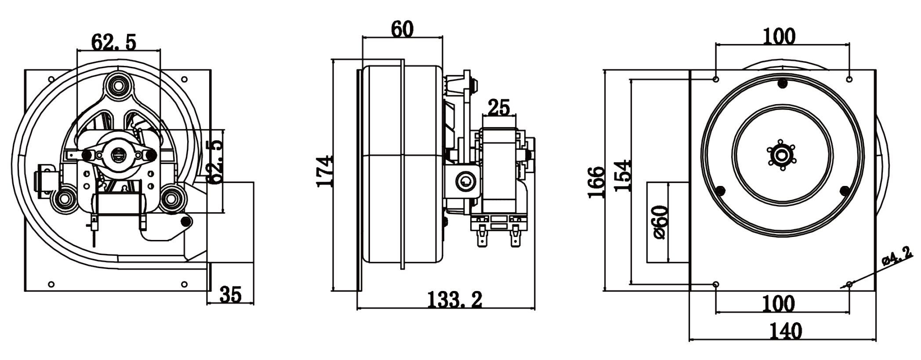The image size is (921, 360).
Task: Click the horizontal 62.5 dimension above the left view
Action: click(114, 42)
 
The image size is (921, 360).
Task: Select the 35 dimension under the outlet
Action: click(230, 295)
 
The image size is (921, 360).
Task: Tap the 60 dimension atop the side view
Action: click(402, 29)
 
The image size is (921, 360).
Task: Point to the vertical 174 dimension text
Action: click(325, 171)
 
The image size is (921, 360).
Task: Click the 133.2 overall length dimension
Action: click(455, 300)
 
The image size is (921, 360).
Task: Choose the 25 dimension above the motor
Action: click(499, 107)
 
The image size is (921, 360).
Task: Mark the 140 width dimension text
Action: click(786, 331)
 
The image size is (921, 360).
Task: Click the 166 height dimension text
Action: click(596, 182)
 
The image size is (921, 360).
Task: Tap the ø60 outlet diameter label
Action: click(660, 222)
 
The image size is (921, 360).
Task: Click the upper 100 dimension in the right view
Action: click(779, 36)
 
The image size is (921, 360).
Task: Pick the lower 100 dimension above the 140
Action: click(779, 303)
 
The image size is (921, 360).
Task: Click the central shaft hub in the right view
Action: click(782, 155)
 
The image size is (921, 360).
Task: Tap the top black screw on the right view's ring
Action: click(782, 83)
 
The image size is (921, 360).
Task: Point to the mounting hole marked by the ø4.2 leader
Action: click(849, 285)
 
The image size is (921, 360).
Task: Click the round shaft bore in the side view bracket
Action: click(464, 181)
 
